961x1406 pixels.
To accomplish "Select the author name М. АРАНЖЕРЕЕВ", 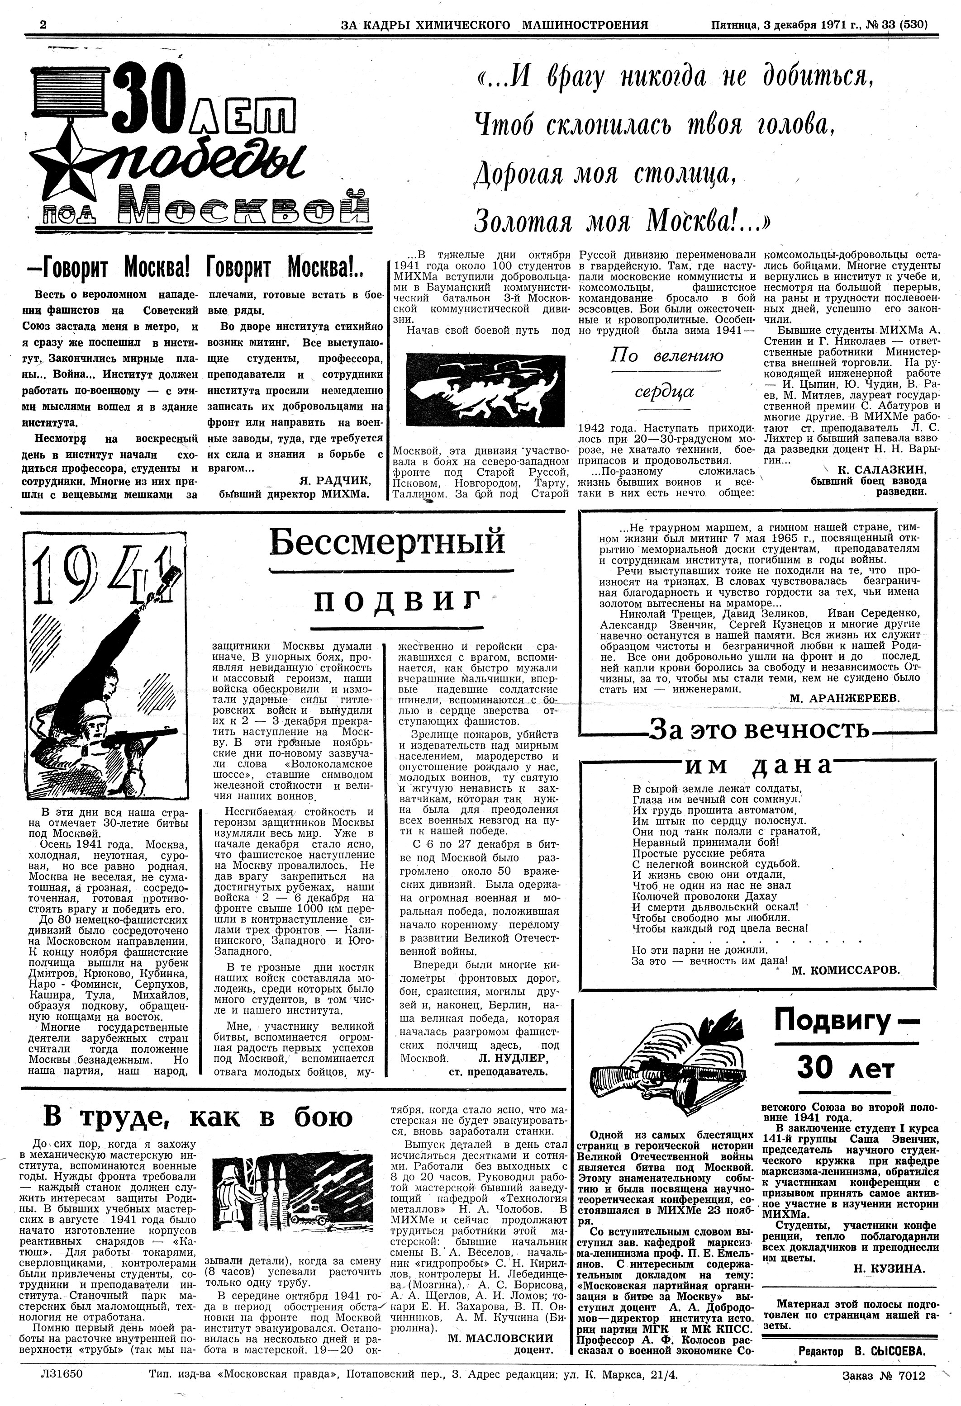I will pos(845,697).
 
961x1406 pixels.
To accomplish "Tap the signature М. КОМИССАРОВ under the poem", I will pos(846,970).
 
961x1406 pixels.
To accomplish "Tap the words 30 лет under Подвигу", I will pos(845,1068).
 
